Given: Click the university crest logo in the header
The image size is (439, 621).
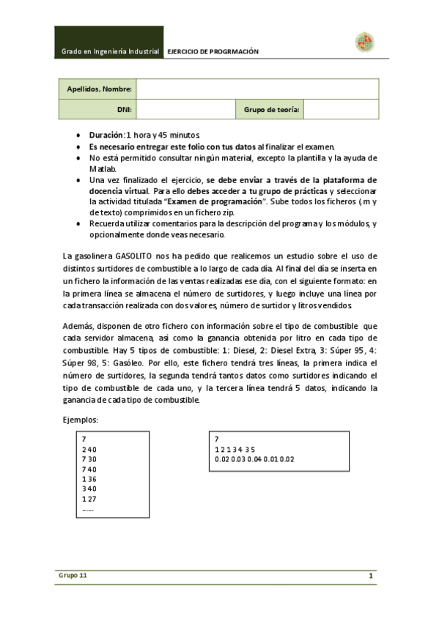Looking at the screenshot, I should click(x=365, y=42).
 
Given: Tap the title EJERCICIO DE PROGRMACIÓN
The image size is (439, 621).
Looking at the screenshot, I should click(x=214, y=52).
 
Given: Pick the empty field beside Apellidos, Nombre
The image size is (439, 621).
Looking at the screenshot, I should click(x=257, y=89).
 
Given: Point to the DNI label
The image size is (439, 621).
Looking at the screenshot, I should click(x=124, y=109).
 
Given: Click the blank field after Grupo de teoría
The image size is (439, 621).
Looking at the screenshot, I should click(x=341, y=109).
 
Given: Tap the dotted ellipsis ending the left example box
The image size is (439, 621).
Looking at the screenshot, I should click(x=88, y=509).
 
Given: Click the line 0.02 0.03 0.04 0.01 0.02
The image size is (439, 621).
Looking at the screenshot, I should click(x=254, y=459).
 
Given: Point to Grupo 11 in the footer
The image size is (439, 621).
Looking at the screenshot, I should click(x=73, y=576).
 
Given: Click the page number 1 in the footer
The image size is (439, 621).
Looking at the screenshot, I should click(x=372, y=576).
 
